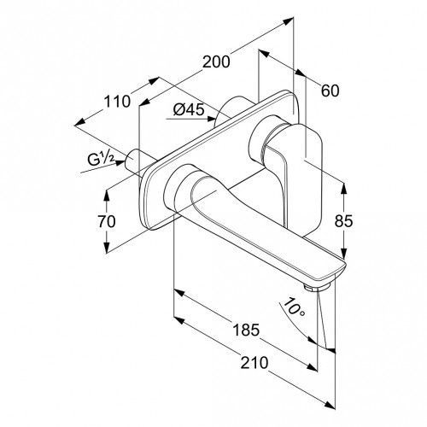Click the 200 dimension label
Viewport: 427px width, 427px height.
point(216,61)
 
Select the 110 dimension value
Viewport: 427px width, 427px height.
point(117,102)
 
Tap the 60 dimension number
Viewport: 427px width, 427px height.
point(330,91)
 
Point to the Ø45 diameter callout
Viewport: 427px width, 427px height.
point(189,109)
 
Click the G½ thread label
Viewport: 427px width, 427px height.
point(101,160)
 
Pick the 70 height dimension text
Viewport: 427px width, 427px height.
point(107,221)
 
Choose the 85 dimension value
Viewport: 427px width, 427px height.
point(343,221)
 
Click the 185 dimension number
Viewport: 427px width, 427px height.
point(246,330)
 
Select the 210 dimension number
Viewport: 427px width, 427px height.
point(254,363)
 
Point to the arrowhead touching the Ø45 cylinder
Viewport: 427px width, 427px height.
point(210,119)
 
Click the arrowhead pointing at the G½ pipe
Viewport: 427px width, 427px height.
point(120,163)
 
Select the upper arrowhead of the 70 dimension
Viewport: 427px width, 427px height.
point(107,196)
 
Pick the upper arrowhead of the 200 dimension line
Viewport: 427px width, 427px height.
point(288,20)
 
